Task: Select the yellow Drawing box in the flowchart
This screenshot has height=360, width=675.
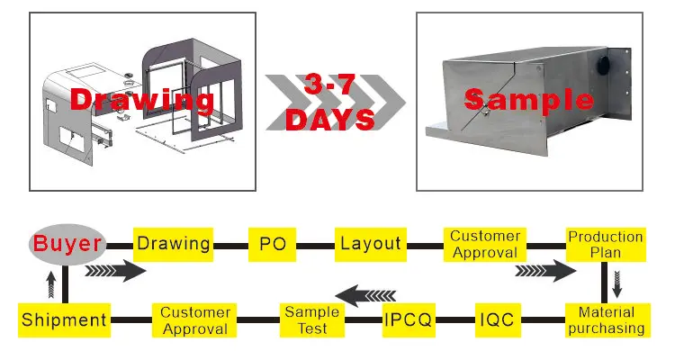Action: coord(174,243)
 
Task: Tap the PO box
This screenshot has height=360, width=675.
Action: coord(273,243)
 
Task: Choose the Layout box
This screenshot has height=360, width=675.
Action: coord(370,243)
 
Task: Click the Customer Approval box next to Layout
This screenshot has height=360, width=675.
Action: coord(485,244)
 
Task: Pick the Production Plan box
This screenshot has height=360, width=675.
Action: coord(606,244)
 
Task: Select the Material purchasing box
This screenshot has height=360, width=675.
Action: coord(606,319)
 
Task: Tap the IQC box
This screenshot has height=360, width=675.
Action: coord(499,319)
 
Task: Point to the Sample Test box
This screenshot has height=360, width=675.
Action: coord(312,319)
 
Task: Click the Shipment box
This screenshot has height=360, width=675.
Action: coord(64,319)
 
